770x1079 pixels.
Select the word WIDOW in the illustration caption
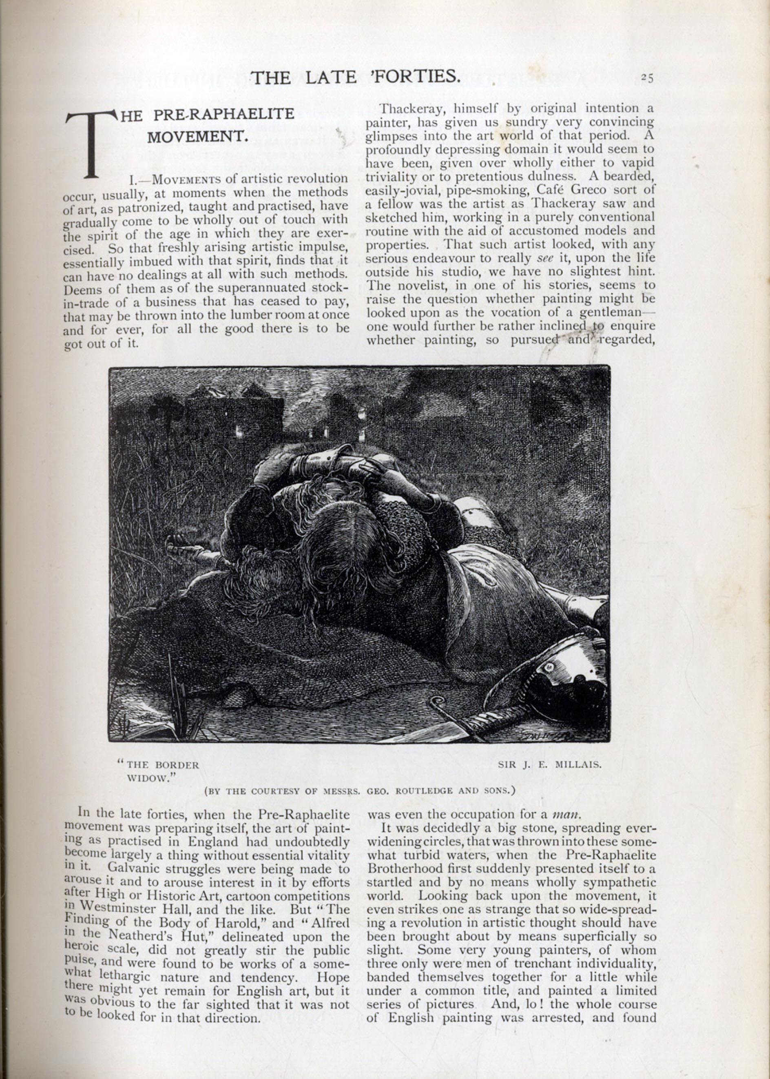click(148, 778)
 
